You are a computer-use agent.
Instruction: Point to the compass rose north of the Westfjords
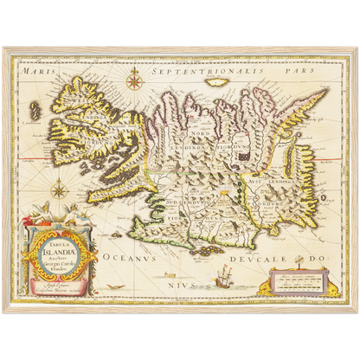(134, 82)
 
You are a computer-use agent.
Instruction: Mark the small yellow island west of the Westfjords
(37, 112)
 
